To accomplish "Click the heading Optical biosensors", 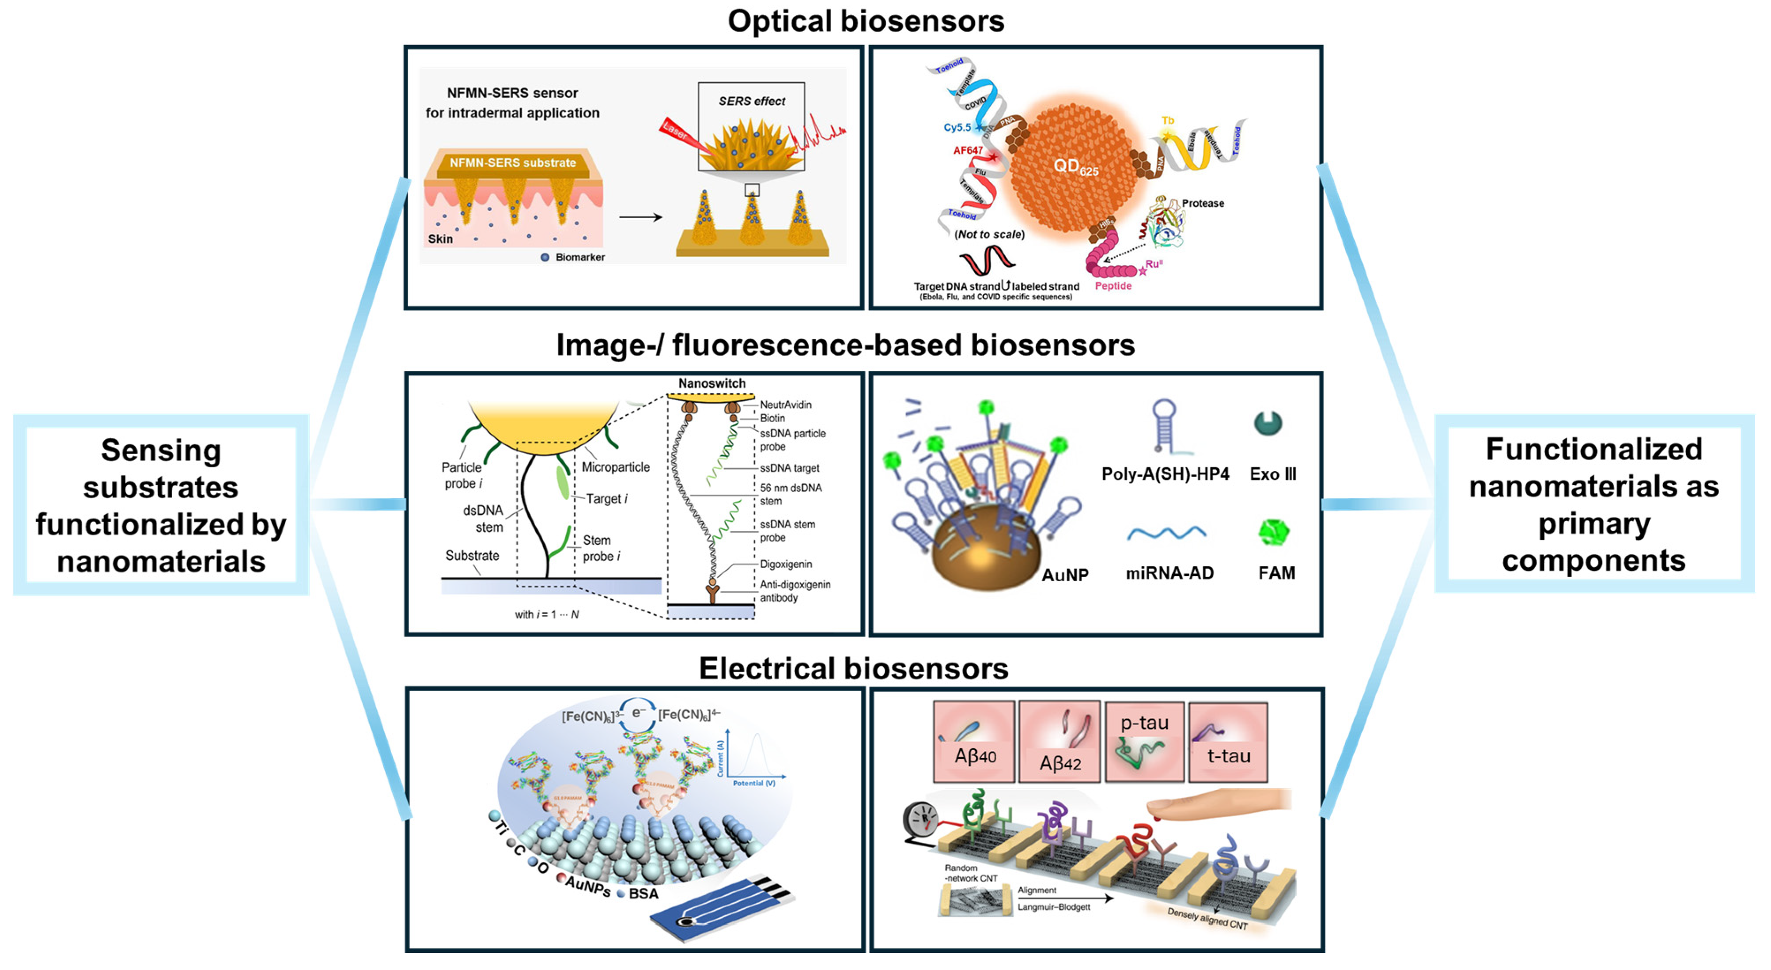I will click(866, 21).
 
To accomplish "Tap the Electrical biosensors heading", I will click(853, 668).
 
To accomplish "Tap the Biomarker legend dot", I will click(545, 257).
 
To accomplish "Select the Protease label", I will click(1203, 204).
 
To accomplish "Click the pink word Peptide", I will click(1113, 286).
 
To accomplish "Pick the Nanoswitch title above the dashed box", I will click(711, 383).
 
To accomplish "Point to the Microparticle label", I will click(615, 467).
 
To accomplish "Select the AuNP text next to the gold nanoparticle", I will click(1064, 575).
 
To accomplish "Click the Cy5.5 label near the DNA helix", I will click(957, 127).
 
